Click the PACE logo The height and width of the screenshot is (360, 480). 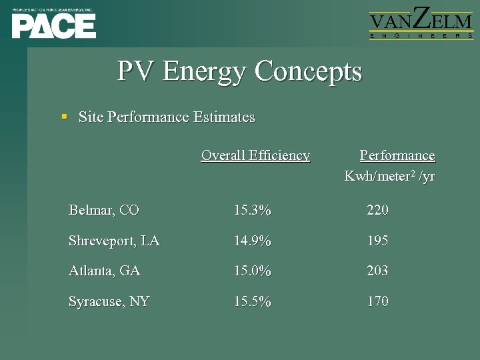(53, 23)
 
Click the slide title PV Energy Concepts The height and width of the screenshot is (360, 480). (239, 71)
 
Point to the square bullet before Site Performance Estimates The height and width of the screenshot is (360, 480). (65, 117)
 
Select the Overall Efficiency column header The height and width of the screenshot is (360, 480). (255, 155)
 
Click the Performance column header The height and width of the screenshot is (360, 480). (397, 155)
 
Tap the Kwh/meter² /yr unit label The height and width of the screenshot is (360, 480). (389, 176)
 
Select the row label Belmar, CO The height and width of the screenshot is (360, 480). (103, 211)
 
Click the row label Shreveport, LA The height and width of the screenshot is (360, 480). (114, 241)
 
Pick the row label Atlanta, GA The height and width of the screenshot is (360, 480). (105, 271)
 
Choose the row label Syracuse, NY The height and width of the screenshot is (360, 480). (109, 301)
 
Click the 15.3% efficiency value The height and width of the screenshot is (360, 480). (252, 211)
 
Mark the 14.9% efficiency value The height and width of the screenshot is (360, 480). (252, 241)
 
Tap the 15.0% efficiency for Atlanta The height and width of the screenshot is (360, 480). (252, 271)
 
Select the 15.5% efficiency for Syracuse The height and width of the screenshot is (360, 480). (252, 301)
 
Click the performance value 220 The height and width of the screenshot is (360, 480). (377, 211)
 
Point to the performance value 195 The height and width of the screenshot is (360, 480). (377, 241)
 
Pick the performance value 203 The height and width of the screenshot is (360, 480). (377, 271)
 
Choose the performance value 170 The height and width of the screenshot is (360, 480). (377, 301)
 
